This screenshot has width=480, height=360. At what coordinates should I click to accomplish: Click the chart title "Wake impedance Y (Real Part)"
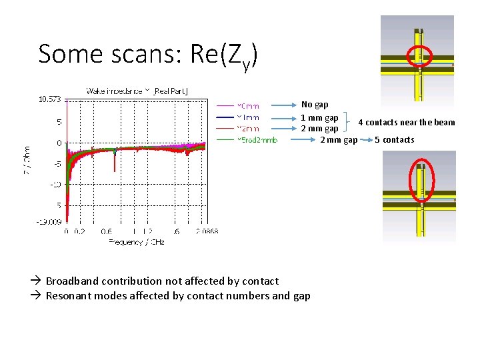coord(137,91)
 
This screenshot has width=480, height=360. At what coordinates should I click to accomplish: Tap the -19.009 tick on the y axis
coord(49,222)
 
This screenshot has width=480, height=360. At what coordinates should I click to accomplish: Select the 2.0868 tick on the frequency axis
coord(208,231)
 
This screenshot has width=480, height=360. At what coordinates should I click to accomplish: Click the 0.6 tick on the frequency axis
coord(107,231)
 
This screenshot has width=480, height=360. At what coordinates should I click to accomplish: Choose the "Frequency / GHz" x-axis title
coord(137,241)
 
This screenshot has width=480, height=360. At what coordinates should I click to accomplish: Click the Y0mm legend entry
coord(248,105)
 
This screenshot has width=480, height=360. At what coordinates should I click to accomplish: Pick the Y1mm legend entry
coord(248,117)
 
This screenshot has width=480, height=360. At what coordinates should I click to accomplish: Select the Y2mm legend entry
coord(248,128)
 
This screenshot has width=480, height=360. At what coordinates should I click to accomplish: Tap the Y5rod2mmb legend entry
coord(257,140)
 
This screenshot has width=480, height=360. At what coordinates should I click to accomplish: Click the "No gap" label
coord(315,105)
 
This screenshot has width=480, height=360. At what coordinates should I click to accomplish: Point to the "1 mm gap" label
coord(319,118)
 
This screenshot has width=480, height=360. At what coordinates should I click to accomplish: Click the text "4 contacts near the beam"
coord(406,123)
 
